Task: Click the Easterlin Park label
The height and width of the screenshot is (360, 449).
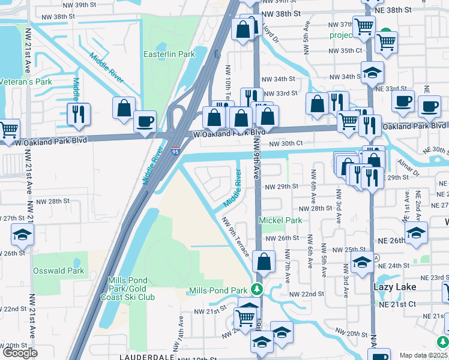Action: pyautogui.click(x=169, y=54)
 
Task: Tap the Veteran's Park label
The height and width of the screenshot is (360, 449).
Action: pyautogui.click(x=26, y=82)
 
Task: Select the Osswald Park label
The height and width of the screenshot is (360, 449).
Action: pyautogui.click(x=58, y=271)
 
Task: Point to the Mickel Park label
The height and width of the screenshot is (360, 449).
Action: pyautogui.click(x=280, y=220)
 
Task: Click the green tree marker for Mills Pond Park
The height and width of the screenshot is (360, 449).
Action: pyautogui.click(x=257, y=290)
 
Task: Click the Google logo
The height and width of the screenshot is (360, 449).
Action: pyautogui.click(x=20, y=353)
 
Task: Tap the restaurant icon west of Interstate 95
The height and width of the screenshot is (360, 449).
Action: pyautogui.click(x=79, y=114)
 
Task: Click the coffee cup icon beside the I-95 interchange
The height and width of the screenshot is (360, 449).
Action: pyautogui.click(x=145, y=121)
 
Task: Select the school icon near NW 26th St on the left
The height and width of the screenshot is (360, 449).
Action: pyautogui.click(x=22, y=234)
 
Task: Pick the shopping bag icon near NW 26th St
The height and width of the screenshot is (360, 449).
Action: pyautogui.click(x=264, y=262)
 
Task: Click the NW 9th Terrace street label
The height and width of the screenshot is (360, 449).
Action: pyautogui.click(x=235, y=236)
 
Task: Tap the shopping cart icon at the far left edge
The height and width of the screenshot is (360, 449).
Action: pyautogui.click(x=8, y=130)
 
